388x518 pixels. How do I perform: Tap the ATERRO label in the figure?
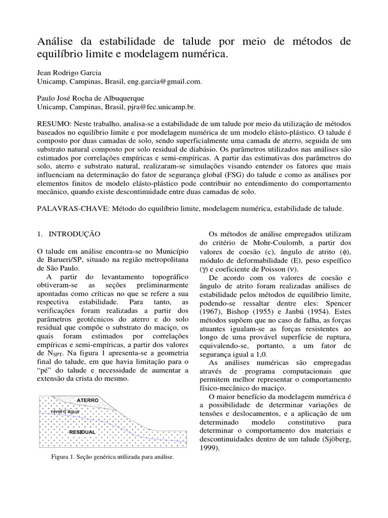[88, 401]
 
